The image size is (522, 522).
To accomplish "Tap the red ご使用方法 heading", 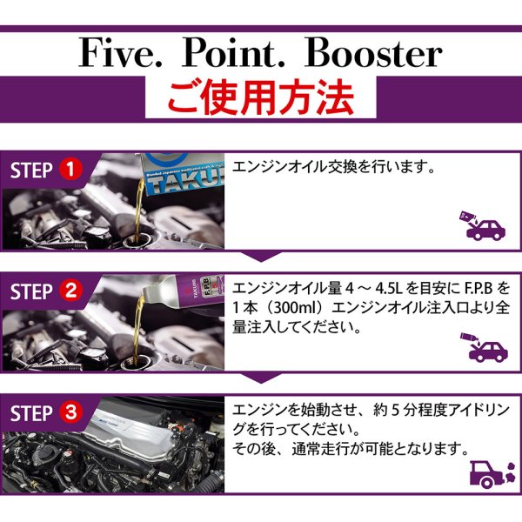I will (261, 97).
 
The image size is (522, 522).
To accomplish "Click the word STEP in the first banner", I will (32, 170).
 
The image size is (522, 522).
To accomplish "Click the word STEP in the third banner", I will (32, 412).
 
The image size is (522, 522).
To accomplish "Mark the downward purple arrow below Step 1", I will (261, 256).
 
